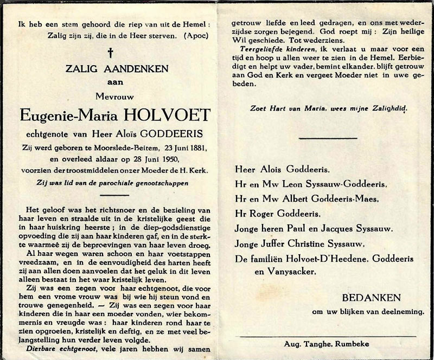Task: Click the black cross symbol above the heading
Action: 110,53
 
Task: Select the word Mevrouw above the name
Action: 110,99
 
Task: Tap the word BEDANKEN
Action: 372,298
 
